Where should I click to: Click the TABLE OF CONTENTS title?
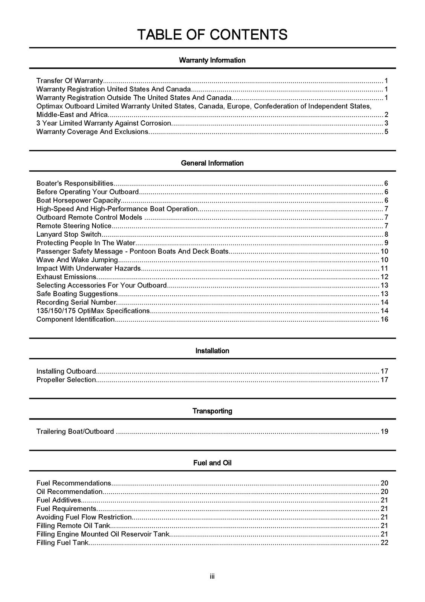pos(212,35)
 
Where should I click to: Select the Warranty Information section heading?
pos(212,60)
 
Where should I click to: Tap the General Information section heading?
pos(212,163)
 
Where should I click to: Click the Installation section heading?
pos(212,351)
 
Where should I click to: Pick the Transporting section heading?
pos(212,411)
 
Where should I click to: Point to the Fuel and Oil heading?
pos(212,463)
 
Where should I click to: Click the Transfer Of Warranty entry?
pos(70,81)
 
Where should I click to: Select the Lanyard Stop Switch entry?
pos(69,234)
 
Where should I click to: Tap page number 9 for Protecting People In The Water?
pos(386,243)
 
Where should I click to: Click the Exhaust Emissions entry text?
pos(66,277)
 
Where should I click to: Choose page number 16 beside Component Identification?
pos(384,319)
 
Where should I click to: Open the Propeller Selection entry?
pos(66,380)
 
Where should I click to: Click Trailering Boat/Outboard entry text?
pos(75,432)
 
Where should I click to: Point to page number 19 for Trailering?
pos(384,432)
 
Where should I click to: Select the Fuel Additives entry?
pos(59,500)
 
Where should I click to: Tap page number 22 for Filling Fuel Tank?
pos(384,543)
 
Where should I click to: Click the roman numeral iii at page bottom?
pos(212,576)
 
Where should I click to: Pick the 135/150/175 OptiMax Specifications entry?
pos(93,311)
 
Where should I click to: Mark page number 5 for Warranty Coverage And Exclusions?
pos(386,132)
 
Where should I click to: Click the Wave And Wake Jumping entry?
pos(77,260)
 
